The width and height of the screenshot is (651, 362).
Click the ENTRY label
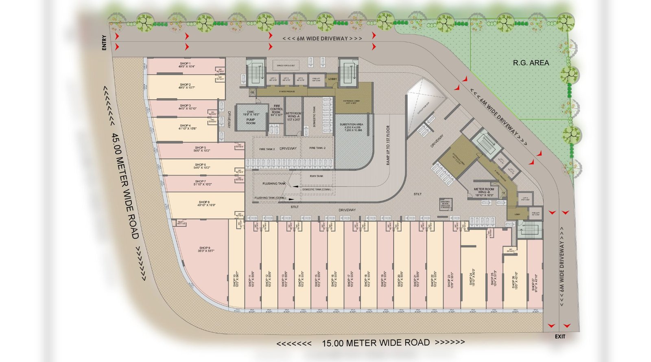pos(104,43)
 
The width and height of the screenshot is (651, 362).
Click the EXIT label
pos(560,336)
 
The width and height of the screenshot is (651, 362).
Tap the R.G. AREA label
pos(531,63)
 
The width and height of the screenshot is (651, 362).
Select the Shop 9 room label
pos(205,248)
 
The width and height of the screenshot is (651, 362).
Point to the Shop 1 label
pos(185,64)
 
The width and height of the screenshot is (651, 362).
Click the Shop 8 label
pos(204,202)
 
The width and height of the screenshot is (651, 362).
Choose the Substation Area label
pos(351,125)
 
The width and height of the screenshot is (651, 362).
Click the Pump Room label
pos(251,121)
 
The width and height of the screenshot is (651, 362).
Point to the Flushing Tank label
pos(274,184)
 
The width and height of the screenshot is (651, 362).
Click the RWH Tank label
pos(317,176)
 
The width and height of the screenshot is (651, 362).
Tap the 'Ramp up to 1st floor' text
pos(388,145)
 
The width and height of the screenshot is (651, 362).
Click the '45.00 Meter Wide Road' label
pos(126,186)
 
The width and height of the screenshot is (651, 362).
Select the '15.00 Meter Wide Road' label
pos(375,343)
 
